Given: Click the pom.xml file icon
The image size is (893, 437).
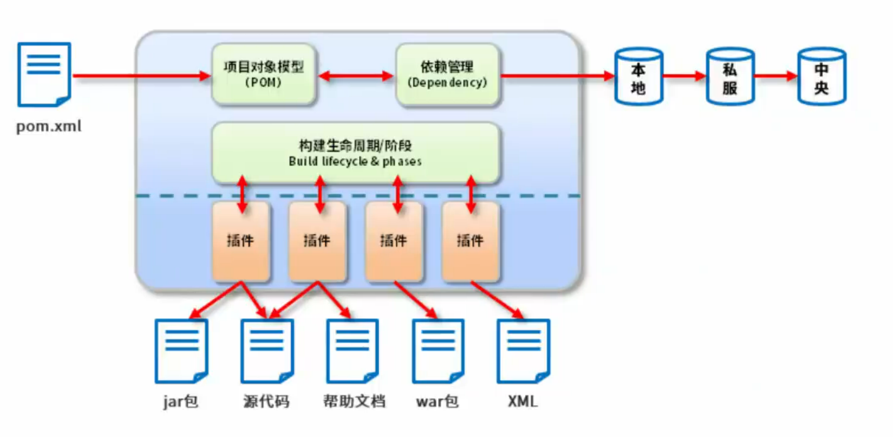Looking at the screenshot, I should tap(44, 74).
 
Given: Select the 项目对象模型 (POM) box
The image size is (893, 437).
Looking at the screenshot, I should tap(264, 73).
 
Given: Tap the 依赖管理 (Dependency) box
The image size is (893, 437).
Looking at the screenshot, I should tap(447, 73).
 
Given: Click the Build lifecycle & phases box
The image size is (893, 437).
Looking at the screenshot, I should tap(355, 152).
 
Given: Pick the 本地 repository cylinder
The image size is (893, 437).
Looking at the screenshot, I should tap(639, 77).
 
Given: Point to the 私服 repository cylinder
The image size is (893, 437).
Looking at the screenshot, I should tap(730, 77).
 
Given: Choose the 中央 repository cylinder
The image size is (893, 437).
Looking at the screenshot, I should tap(822, 77).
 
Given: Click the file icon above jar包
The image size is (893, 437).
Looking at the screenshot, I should tap(181, 351).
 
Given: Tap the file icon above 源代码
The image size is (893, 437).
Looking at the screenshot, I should tap(267, 351).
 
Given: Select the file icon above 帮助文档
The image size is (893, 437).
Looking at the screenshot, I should tap(353, 351).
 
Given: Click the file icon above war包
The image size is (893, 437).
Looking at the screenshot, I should tap(439, 351).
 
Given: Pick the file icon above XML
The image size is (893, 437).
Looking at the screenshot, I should tap(523, 351).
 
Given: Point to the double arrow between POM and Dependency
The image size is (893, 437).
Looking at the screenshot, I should tap(357, 76).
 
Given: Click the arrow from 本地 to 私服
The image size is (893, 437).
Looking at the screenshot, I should tap(684, 76).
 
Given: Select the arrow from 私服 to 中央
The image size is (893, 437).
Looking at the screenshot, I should tap(775, 76).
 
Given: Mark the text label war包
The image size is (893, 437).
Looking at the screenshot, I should tap(437, 402).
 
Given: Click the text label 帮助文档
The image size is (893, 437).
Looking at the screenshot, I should tap(354, 402).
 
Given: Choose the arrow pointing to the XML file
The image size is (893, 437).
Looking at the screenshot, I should tap(497, 300).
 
